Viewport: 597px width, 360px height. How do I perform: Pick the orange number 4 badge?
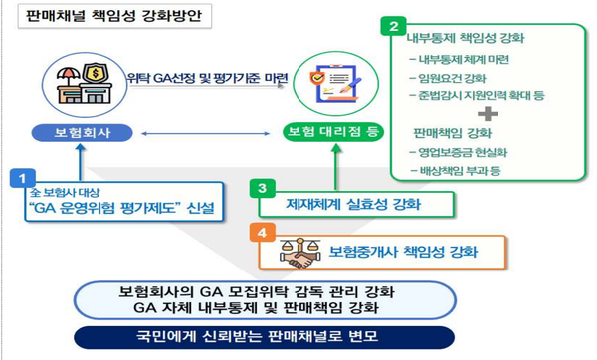[x=261, y=234]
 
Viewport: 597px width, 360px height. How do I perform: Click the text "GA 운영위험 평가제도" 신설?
[x=121, y=207]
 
